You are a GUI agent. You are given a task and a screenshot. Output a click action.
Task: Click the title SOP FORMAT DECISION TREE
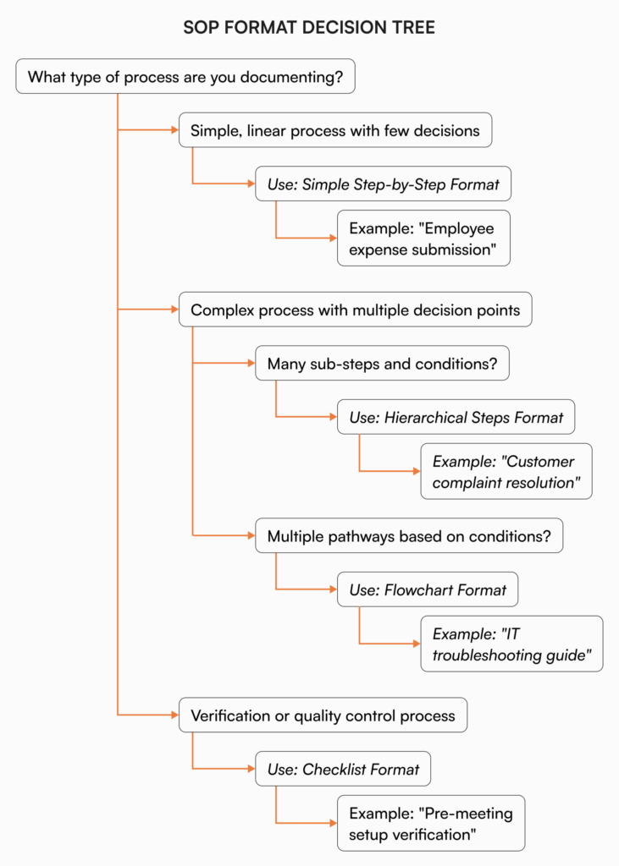(x=309, y=28)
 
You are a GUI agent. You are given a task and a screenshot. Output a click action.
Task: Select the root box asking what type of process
(x=185, y=77)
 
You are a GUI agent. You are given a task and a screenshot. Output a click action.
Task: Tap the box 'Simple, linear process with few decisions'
(x=334, y=130)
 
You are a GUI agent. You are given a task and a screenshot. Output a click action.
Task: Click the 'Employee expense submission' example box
(x=423, y=238)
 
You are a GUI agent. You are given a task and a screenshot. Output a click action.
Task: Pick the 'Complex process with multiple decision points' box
(x=355, y=310)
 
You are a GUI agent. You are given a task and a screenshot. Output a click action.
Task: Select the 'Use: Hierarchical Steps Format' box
(x=456, y=417)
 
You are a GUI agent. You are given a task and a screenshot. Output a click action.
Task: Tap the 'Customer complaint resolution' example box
(x=506, y=471)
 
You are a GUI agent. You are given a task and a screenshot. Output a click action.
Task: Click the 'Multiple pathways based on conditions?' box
(x=409, y=535)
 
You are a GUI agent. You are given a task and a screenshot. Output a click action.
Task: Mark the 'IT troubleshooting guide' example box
(x=511, y=644)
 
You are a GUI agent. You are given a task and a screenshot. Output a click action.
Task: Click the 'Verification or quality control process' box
(x=323, y=715)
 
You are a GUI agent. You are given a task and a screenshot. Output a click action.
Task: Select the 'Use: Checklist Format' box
(x=343, y=769)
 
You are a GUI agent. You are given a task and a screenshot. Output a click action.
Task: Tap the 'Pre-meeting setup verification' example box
(x=430, y=823)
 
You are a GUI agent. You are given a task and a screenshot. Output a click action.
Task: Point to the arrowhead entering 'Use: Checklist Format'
(x=250, y=769)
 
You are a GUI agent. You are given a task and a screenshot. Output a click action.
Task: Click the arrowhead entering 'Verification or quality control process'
(x=173, y=715)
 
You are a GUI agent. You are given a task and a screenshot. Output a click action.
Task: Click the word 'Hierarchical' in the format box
(x=425, y=417)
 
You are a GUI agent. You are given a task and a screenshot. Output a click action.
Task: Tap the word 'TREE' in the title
(x=415, y=28)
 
